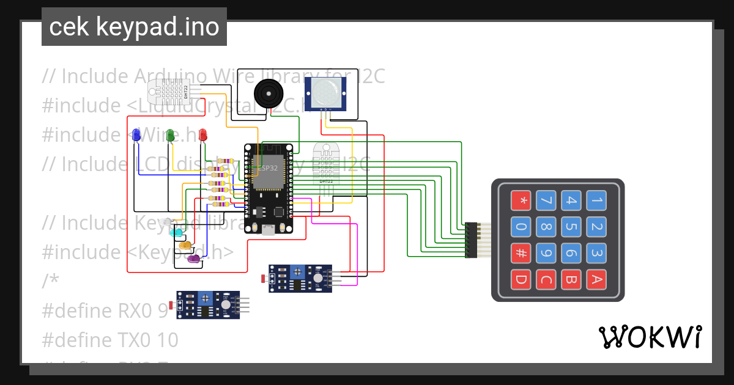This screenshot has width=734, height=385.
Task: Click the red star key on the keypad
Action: [x=522, y=200]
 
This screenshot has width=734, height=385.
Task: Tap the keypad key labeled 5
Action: [x=571, y=227]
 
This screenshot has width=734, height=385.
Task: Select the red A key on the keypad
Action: [x=596, y=280]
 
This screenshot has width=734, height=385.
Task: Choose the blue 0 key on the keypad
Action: [x=522, y=227]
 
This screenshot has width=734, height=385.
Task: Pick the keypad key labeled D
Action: [x=522, y=280]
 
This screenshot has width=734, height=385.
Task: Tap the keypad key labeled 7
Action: [x=546, y=200]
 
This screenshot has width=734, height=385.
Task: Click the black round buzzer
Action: [x=267, y=93]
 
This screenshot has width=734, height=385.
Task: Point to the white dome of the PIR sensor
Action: [x=328, y=90]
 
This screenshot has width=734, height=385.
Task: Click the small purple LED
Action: [x=194, y=259]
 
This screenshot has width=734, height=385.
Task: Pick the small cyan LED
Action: [x=176, y=232]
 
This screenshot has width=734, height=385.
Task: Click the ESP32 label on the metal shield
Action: [x=268, y=168]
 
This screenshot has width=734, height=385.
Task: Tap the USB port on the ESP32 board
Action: [x=268, y=230]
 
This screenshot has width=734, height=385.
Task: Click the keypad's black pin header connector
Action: [x=470, y=240]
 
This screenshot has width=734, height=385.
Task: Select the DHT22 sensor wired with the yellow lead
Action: [x=168, y=92]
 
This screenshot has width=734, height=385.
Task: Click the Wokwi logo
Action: [x=650, y=337]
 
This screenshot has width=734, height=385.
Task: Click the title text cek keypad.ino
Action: [x=134, y=27]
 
